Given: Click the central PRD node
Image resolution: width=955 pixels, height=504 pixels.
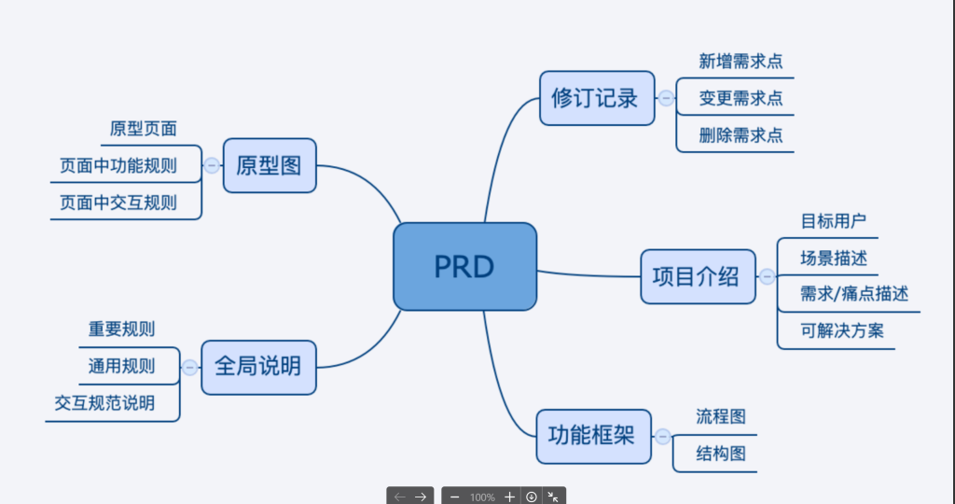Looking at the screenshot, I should pos(464,267).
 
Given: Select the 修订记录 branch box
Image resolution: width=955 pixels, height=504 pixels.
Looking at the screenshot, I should pos(595,98).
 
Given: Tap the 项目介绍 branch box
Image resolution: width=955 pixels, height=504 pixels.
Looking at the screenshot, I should pos(697,276).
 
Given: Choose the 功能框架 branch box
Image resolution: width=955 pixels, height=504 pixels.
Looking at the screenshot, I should pos(591,436).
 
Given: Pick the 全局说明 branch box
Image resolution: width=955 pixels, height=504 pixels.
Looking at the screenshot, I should pos(258,366).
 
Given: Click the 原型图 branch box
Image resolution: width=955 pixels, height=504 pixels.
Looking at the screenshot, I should pos(270,166).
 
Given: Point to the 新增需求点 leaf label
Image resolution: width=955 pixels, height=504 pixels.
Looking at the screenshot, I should pos(740,62).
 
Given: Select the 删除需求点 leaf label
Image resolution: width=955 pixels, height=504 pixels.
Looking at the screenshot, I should pos(740,135).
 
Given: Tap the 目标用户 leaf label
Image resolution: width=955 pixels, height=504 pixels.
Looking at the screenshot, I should pos(833,222).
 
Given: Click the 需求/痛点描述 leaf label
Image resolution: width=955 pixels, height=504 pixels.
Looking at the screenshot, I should pos(853,294).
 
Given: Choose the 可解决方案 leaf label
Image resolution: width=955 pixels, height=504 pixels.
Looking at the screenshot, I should pos(841,330).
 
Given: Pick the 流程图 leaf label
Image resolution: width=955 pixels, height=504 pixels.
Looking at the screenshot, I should pos(721,417).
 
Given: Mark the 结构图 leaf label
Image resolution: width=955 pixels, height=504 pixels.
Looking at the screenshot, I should pos(721,455).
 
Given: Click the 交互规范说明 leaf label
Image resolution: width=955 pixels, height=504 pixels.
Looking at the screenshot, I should pos(104,403).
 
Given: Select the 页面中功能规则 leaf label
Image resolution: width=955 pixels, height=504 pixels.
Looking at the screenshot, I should pos(118,166).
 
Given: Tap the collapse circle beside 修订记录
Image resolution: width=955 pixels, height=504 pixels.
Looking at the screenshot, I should pos(666,98).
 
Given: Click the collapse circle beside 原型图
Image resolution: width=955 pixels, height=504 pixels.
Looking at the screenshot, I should pos(212,165).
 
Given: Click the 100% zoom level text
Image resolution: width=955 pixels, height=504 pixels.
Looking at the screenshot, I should pos(482,497).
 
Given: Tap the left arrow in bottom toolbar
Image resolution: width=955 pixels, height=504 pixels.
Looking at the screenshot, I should pos(400,497).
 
